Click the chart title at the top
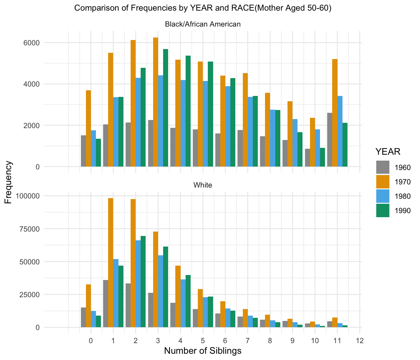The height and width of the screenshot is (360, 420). click(203, 8)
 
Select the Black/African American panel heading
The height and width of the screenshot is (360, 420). click(203, 24)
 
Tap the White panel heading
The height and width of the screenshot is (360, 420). click(203, 185)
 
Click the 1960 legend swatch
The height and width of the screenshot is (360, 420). click(383, 167)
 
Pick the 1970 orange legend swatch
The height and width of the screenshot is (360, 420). click(383, 182)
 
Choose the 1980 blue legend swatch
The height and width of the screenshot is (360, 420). click(383, 196)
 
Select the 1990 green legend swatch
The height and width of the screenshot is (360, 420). click(383, 210)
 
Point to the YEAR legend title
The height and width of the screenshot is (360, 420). click(388, 152)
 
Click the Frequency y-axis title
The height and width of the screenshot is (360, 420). click(8, 182)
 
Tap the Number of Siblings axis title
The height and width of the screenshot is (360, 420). click(203, 351)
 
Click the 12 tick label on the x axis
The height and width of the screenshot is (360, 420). click(360, 340)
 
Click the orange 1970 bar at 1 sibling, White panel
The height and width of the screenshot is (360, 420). click(111, 262)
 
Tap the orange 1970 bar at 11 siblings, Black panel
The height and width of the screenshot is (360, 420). click(335, 112)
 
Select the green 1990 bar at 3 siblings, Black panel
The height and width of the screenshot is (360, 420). click(166, 108)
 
